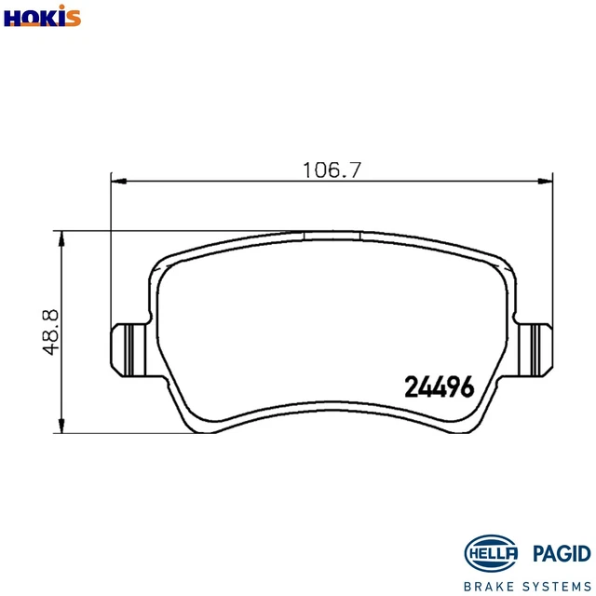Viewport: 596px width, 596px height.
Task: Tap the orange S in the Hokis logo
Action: pyautogui.click(x=74, y=17)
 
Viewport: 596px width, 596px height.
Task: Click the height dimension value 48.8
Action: pyautogui.click(x=52, y=332)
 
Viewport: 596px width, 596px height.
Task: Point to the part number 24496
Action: pyautogui.click(x=440, y=386)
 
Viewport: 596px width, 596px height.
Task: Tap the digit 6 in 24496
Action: pyautogui.click(x=467, y=386)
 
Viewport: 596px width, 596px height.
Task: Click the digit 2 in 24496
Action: pyautogui.click(x=412, y=386)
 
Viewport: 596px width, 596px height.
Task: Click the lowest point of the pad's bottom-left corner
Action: pyautogui.click(x=194, y=433)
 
